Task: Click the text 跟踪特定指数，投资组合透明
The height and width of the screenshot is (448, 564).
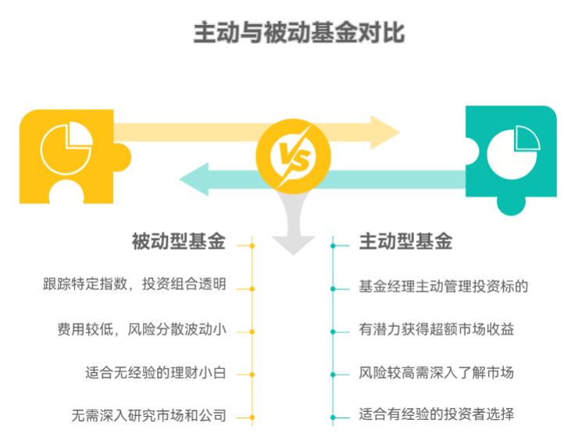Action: pyautogui.click(x=135, y=285)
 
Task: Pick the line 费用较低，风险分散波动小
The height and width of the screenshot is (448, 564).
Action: pyautogui.click(x=135, y=329)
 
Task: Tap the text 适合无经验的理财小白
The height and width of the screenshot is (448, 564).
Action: pyautogui.click(x=155, y=372)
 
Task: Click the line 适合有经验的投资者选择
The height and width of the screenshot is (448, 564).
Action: pyautogui.click(x=437, y=414)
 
